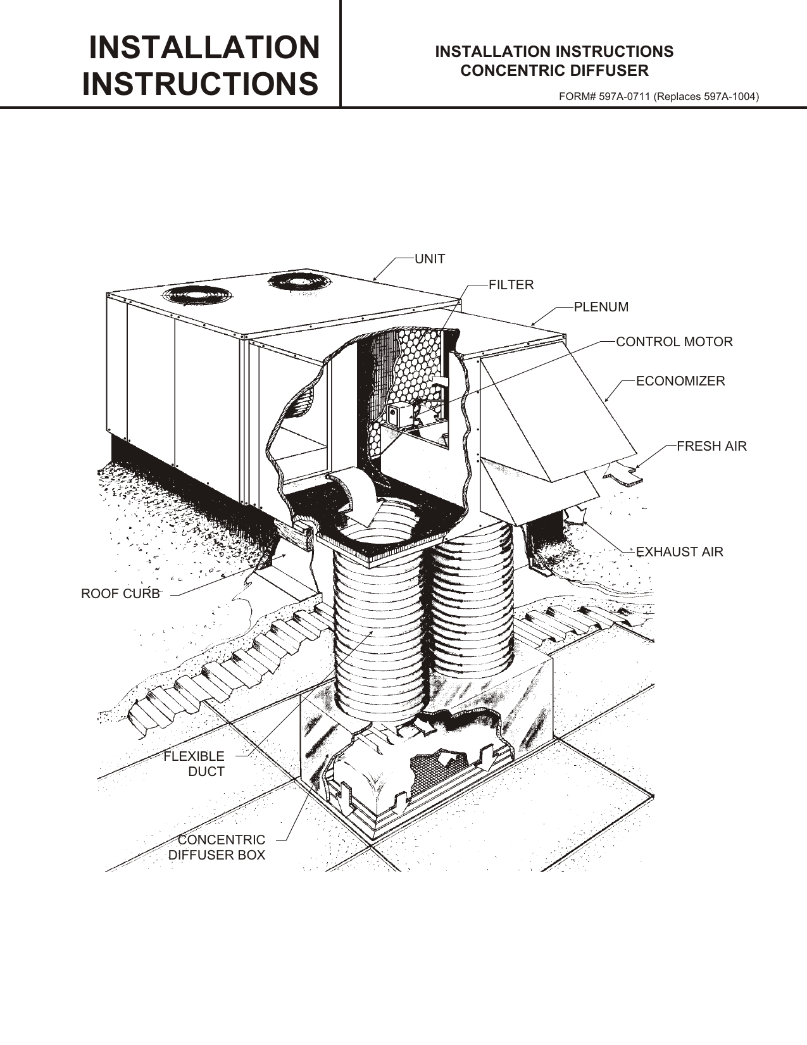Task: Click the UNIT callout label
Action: (429, 259)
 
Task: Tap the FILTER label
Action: (511, 285)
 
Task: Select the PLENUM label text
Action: (601, 307)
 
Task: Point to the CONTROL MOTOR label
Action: (674, 342)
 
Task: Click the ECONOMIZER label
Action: (680, 381)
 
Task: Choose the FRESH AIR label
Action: (711, 446)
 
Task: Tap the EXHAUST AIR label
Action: (679, 552)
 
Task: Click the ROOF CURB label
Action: (120, 594)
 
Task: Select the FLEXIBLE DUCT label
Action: (194, 764)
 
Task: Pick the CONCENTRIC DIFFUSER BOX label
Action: (217, 848)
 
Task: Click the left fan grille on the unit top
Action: (197, 296)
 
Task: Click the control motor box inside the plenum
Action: (399, 415)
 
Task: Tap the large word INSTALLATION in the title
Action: (204, 48)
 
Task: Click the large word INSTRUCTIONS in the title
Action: (200, 84)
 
